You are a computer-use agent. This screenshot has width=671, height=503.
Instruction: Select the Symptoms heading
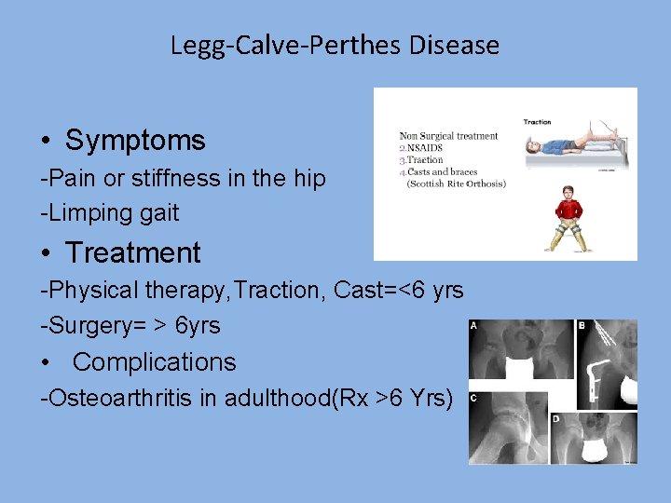pos(135,141)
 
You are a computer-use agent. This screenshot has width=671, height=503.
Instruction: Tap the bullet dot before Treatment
pos(47,253)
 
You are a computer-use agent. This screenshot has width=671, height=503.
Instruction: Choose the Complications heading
pos(154,362)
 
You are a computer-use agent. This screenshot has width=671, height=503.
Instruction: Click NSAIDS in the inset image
pos(425,148)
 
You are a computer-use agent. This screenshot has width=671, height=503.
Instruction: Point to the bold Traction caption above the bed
pos(537,121)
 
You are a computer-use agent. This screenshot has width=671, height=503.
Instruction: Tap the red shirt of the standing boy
pos(569,206)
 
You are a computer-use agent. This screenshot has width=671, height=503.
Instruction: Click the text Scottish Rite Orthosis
pos(458,184)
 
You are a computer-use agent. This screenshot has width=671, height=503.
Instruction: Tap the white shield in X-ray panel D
pos(596,454)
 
